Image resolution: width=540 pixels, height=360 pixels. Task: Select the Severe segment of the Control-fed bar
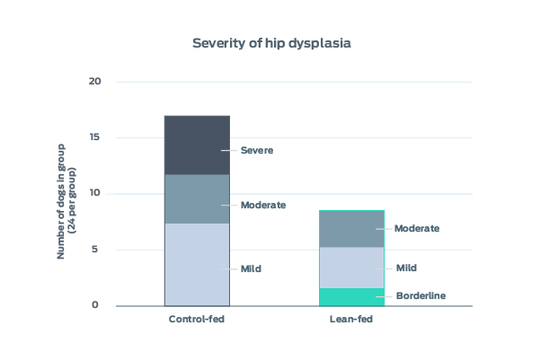tap(196, 145)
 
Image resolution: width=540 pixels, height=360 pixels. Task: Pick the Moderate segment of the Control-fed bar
tap(196, 198)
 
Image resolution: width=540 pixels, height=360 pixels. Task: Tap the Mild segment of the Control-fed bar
tap(196, 264)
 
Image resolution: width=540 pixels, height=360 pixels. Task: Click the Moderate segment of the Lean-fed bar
tap(352, 229)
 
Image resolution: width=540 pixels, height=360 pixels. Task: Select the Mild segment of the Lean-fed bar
tap(352, 268)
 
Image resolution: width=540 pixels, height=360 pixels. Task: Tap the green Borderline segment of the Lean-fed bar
tap(352, 297)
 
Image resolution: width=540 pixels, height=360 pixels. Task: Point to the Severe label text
tap(256, 151)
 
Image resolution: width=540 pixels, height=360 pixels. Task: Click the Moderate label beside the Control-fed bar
tap(262, 205)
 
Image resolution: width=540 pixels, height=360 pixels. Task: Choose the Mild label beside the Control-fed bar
tap(251, 269)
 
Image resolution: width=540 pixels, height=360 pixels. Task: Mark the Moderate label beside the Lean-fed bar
tap(417, 229)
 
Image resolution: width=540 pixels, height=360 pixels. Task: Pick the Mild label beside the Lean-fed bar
tap(405, 268)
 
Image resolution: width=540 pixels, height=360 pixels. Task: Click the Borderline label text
tap(420, 296)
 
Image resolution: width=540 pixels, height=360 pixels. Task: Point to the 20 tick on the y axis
tap(96, 82)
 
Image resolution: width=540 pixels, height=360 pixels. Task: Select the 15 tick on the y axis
tap(96, 137)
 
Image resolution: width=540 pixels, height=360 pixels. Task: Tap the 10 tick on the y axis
tap(96, 194)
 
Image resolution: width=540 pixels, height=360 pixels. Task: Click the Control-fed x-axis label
tap(196, 320)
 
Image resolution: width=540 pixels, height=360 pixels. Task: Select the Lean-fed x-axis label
tap(352, 320)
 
